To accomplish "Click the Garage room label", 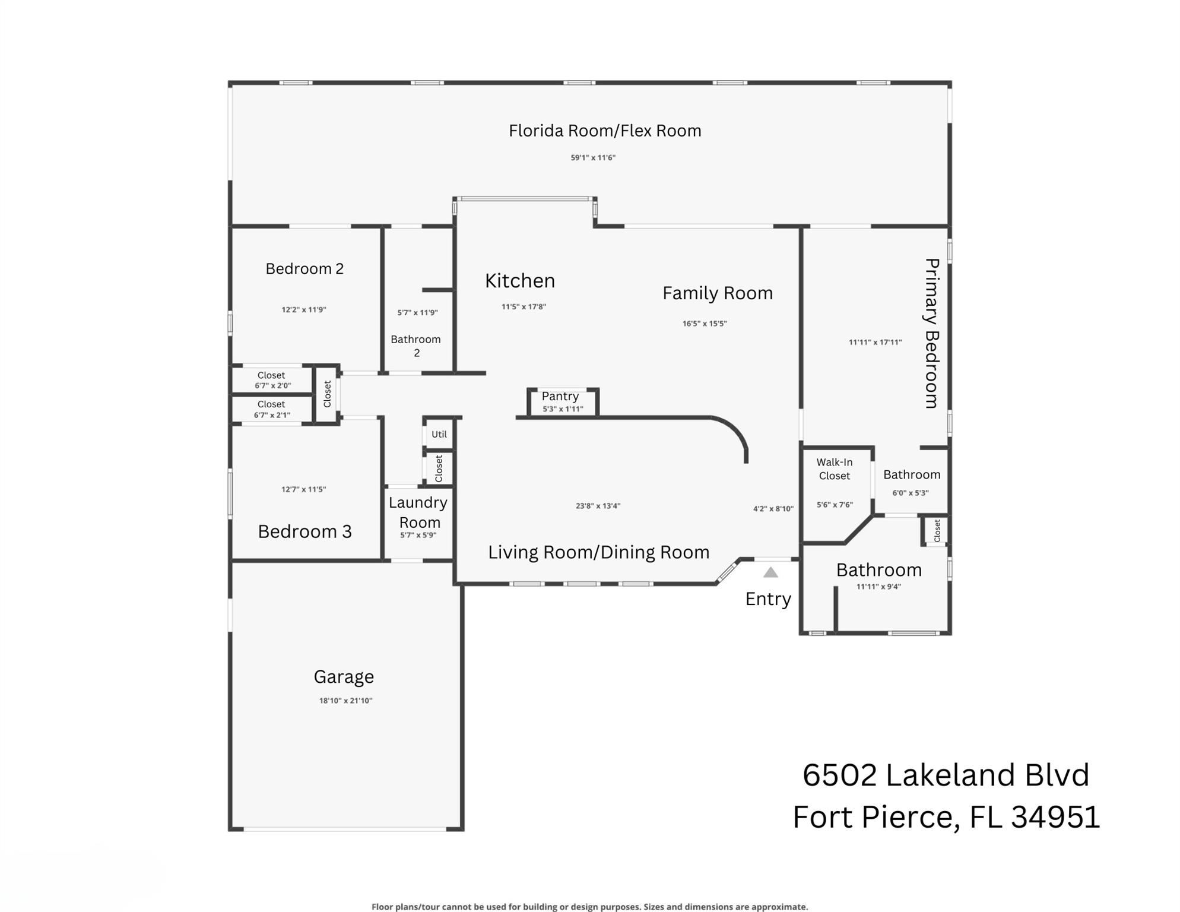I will point(344,676).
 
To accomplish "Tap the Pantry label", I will point(560,396).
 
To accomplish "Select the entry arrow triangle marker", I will point(770,572).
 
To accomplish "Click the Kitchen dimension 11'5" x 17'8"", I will point(524,307).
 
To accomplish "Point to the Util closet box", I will point(439,434).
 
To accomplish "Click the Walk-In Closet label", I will point(834,468).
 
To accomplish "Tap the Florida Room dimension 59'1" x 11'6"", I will point(593,158).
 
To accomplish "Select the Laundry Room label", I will point(418,512).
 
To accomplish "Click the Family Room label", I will point(717,293).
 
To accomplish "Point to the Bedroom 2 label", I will point(304,269).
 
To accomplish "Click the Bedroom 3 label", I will point(304,531).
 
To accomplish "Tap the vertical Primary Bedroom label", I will point(932,333).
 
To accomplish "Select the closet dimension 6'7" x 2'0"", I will point(273,386).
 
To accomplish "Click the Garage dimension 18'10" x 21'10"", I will point(345,701).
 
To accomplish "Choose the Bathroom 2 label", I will point(416,346).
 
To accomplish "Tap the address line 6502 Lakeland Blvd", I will point(946,775).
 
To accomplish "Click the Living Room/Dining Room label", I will point(598,552).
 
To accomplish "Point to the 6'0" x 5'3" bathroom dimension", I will point(911,493).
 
